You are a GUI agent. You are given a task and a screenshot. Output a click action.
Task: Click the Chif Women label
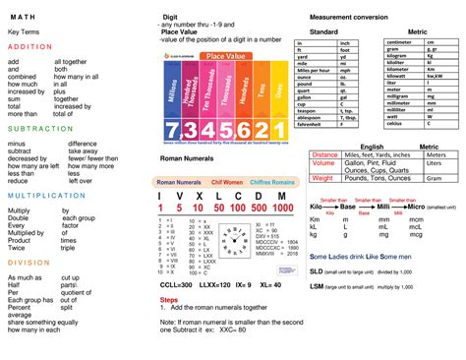point(227,182)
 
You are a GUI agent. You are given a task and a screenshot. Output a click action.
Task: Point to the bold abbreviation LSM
point(318,284)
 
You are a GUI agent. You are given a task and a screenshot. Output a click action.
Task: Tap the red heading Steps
point(169,299)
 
